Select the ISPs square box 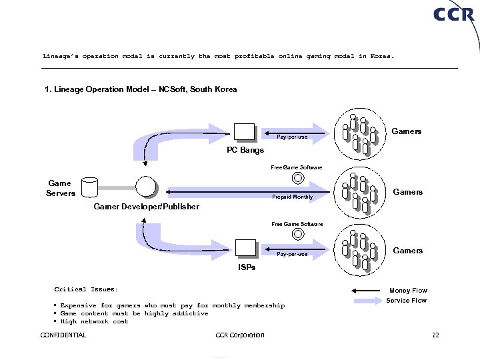tap(246, 247)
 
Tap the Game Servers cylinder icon tap(89, 187)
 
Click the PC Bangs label tap(245, 150)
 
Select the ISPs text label tap(247, 267)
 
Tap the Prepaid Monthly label tap(293, 197)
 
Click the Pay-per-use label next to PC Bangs tap(292, 137)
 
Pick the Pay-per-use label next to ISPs tap(292, 254)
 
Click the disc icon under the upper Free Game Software tap(297, 178)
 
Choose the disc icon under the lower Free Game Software tap(297, 235)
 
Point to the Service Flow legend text tap(407, 301)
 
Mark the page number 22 tap(435, 335)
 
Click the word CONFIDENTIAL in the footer tap(63, 335)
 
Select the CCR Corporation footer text tap(241, 335)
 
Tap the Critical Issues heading tap(86, 289)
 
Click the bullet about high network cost tap(94, 321)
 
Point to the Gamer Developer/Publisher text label tap(147, 207)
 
